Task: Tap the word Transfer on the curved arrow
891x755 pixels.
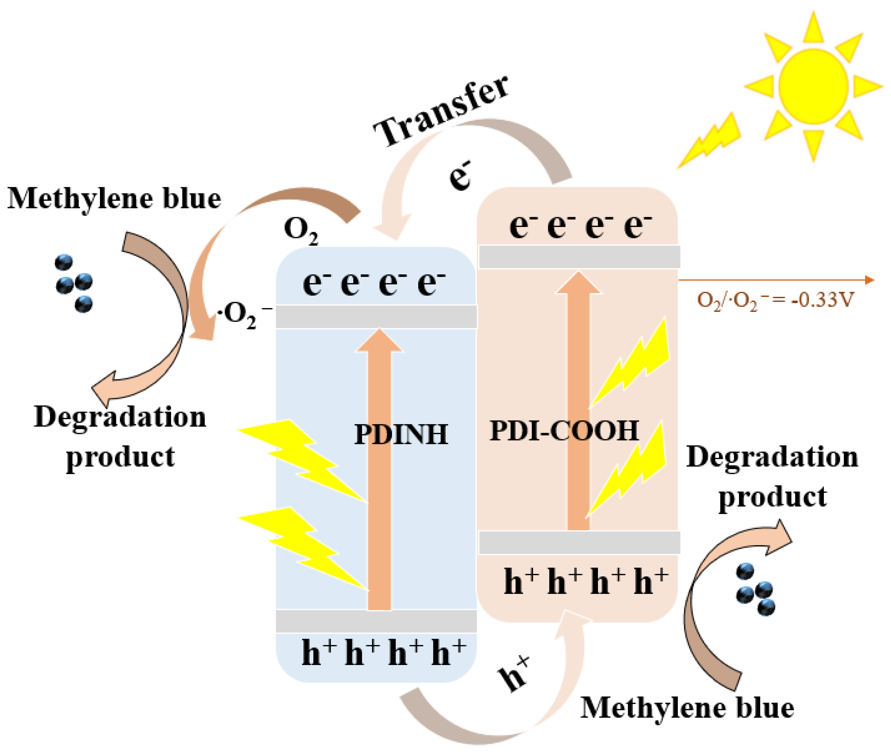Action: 441,112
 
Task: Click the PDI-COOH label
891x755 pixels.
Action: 564,430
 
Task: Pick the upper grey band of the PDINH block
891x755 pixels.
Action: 376,317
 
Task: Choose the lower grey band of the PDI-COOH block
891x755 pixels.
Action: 579,543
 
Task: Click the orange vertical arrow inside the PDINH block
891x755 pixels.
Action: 379,492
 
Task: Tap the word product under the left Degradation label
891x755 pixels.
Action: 120,457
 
